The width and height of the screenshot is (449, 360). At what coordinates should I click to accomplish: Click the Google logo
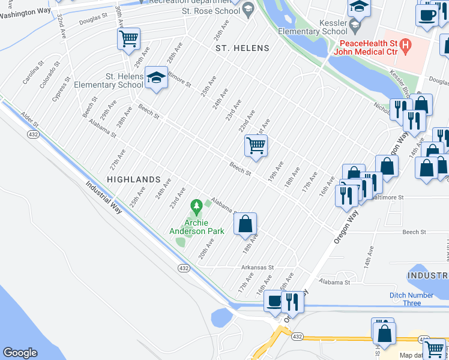click(20, 353)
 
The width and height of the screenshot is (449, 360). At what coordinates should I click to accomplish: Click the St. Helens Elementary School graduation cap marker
click(156, 77)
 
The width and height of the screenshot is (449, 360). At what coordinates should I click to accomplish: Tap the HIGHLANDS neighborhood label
click(133, 179)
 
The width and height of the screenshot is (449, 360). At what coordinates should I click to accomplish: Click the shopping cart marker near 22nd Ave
click(256, 145)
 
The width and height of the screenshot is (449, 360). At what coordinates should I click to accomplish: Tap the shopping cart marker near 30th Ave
click(128, 39)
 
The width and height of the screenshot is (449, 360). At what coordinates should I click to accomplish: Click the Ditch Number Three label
click(411, 299)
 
